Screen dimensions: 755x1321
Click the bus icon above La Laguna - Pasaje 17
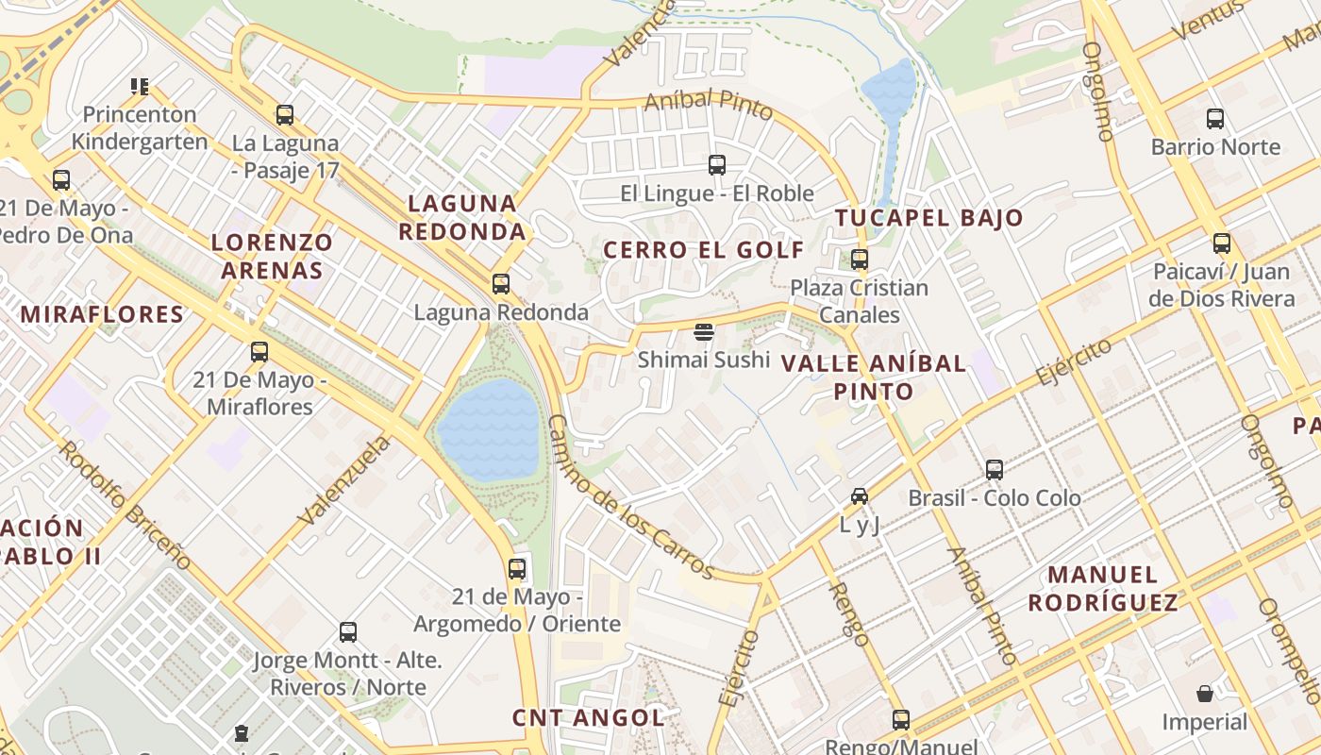[x=284, y=115]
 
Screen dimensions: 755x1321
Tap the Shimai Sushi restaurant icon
[x=704, y=331]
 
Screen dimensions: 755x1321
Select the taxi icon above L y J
[x=860, y=495]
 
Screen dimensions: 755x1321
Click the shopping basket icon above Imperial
[x=1204, y=695]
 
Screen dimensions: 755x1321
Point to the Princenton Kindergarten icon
[x=140, y=87]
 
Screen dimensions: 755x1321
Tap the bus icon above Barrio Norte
[x=1215, y=119]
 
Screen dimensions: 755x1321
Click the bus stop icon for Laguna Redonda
[x=501, y=283]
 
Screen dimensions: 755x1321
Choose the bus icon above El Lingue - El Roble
[x=717, y=165]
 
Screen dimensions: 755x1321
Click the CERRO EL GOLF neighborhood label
[x=704, y=250]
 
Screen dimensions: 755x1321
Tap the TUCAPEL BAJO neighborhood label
[x=929, y=218]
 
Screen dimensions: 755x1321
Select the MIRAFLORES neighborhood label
[x=102, y=314]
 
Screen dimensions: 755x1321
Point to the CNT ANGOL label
[x=588, y=717]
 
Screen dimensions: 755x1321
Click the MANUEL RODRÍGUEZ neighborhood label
[x=1103, y=588]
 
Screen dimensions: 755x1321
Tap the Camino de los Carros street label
[x=629, y=496]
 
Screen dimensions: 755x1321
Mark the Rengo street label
[x=849, y=612]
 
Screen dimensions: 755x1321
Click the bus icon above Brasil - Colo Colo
[x=995, y=470]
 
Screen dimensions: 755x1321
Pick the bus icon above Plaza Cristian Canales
[x=860, y=259]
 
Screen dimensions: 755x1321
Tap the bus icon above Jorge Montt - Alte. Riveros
[x=348, y=632]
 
